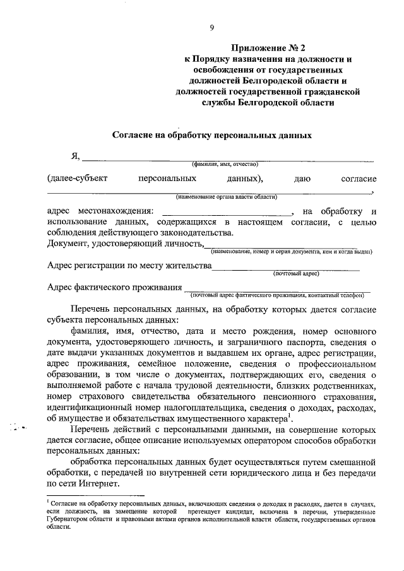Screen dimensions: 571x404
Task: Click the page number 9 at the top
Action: [x=213, y=26]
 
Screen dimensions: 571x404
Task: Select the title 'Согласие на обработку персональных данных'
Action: [x=212, y=135]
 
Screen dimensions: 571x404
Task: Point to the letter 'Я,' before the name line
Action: [x=75, y=156]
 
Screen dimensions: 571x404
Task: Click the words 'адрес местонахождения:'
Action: [x=100, y=211]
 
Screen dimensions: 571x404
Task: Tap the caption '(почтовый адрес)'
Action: [x=296, y=274]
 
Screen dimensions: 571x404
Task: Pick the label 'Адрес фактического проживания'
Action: [x=114, y=287]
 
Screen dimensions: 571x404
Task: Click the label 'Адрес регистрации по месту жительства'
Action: [x=129, y=266]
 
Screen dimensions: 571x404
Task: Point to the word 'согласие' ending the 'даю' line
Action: [x=359, y=179]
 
